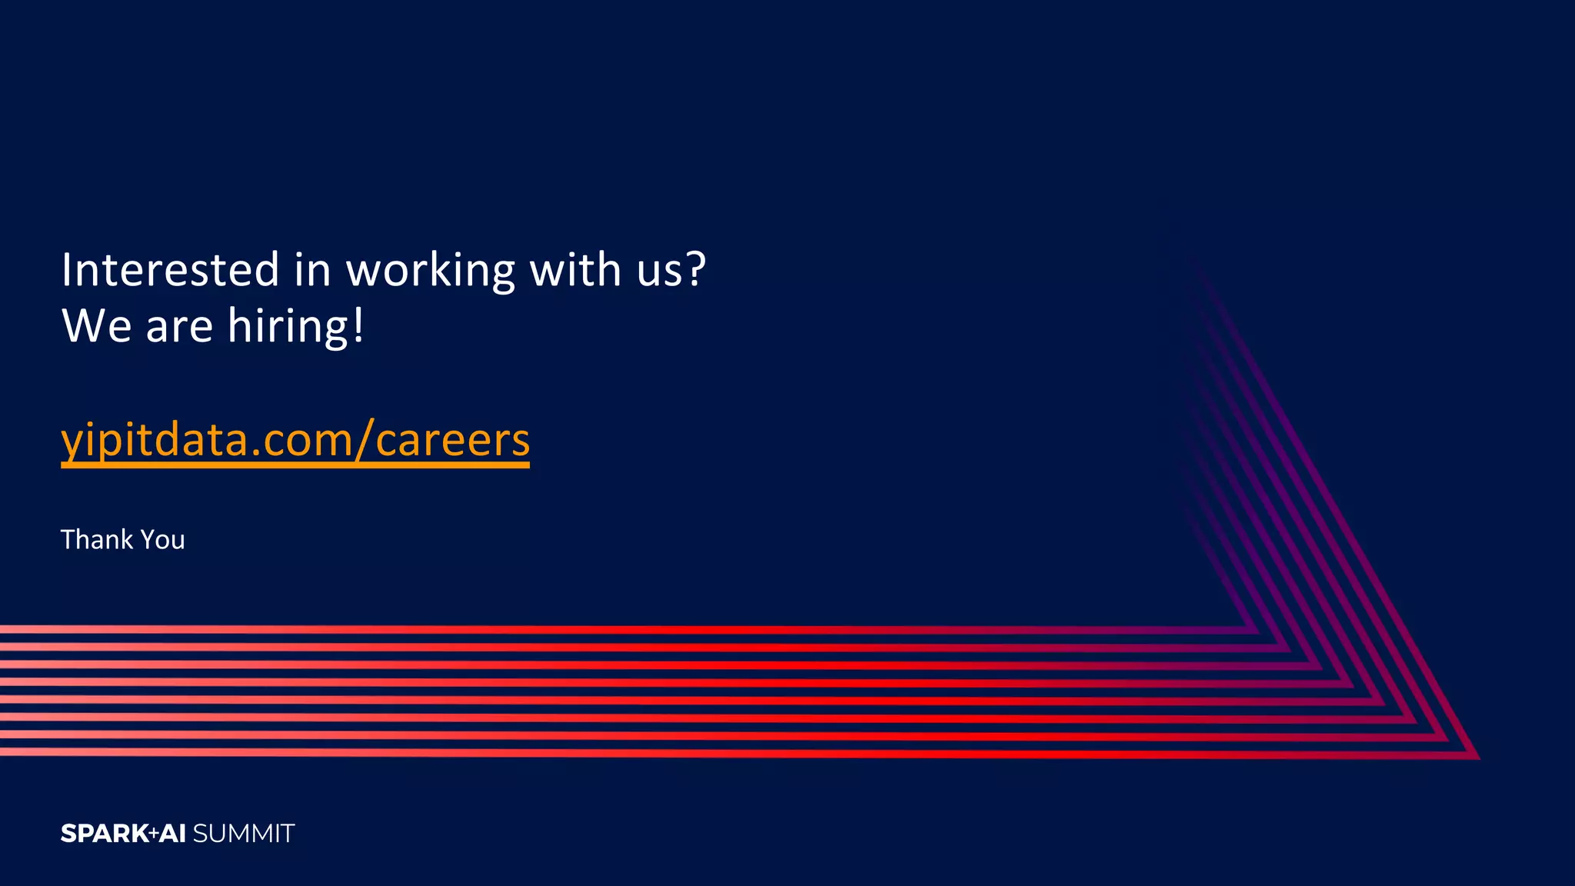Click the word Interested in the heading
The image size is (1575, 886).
click(x=170, y=270)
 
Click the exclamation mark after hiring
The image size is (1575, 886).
click(x=358, y=326)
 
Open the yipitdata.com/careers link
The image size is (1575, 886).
click(x=295, y=441)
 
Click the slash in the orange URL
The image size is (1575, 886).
click(x=365, y=441)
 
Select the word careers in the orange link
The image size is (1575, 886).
click(x=453, y=441)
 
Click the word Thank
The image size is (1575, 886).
click(x=96, y=540)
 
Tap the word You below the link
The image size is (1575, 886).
click(x=163, y=540)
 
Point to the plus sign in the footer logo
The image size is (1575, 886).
click(x=154, y=832)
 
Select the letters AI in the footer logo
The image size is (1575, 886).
click(x=173, y=834)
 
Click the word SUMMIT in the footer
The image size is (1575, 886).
click(x=244, y=834)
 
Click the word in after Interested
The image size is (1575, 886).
click(x=312, y=270)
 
